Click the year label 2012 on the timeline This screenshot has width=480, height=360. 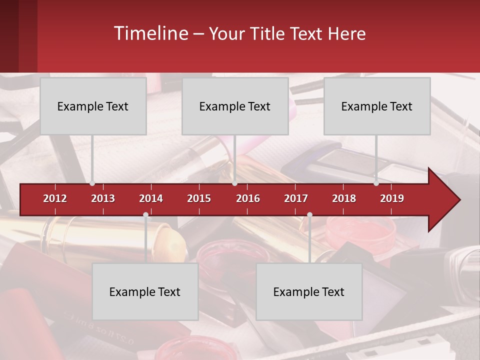click(55, 198)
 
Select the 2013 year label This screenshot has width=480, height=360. click(103, 198)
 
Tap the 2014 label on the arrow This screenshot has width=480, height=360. click(151, 198)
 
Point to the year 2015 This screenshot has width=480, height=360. click(199, 198)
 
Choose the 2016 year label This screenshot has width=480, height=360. click(248, 198)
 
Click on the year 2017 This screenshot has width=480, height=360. click(296, 198)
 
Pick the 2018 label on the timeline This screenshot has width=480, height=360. click(344, 198)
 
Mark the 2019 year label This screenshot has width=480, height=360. click(392, 198)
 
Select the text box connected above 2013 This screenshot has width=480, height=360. click(93, 106)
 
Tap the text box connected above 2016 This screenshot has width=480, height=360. click(235, 106)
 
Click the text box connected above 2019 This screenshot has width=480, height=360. click(377, 106)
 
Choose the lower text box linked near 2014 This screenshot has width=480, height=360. click(145, 292)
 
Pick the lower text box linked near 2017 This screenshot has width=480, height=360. click(309, 292)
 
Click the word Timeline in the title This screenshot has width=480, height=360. click(150, 33)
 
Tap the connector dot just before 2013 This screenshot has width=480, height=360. click(92, 183)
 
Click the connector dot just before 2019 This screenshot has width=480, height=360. click(376, 183)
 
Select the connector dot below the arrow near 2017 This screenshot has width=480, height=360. click(309, 215)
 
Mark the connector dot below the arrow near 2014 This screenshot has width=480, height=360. click(145, 215)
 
